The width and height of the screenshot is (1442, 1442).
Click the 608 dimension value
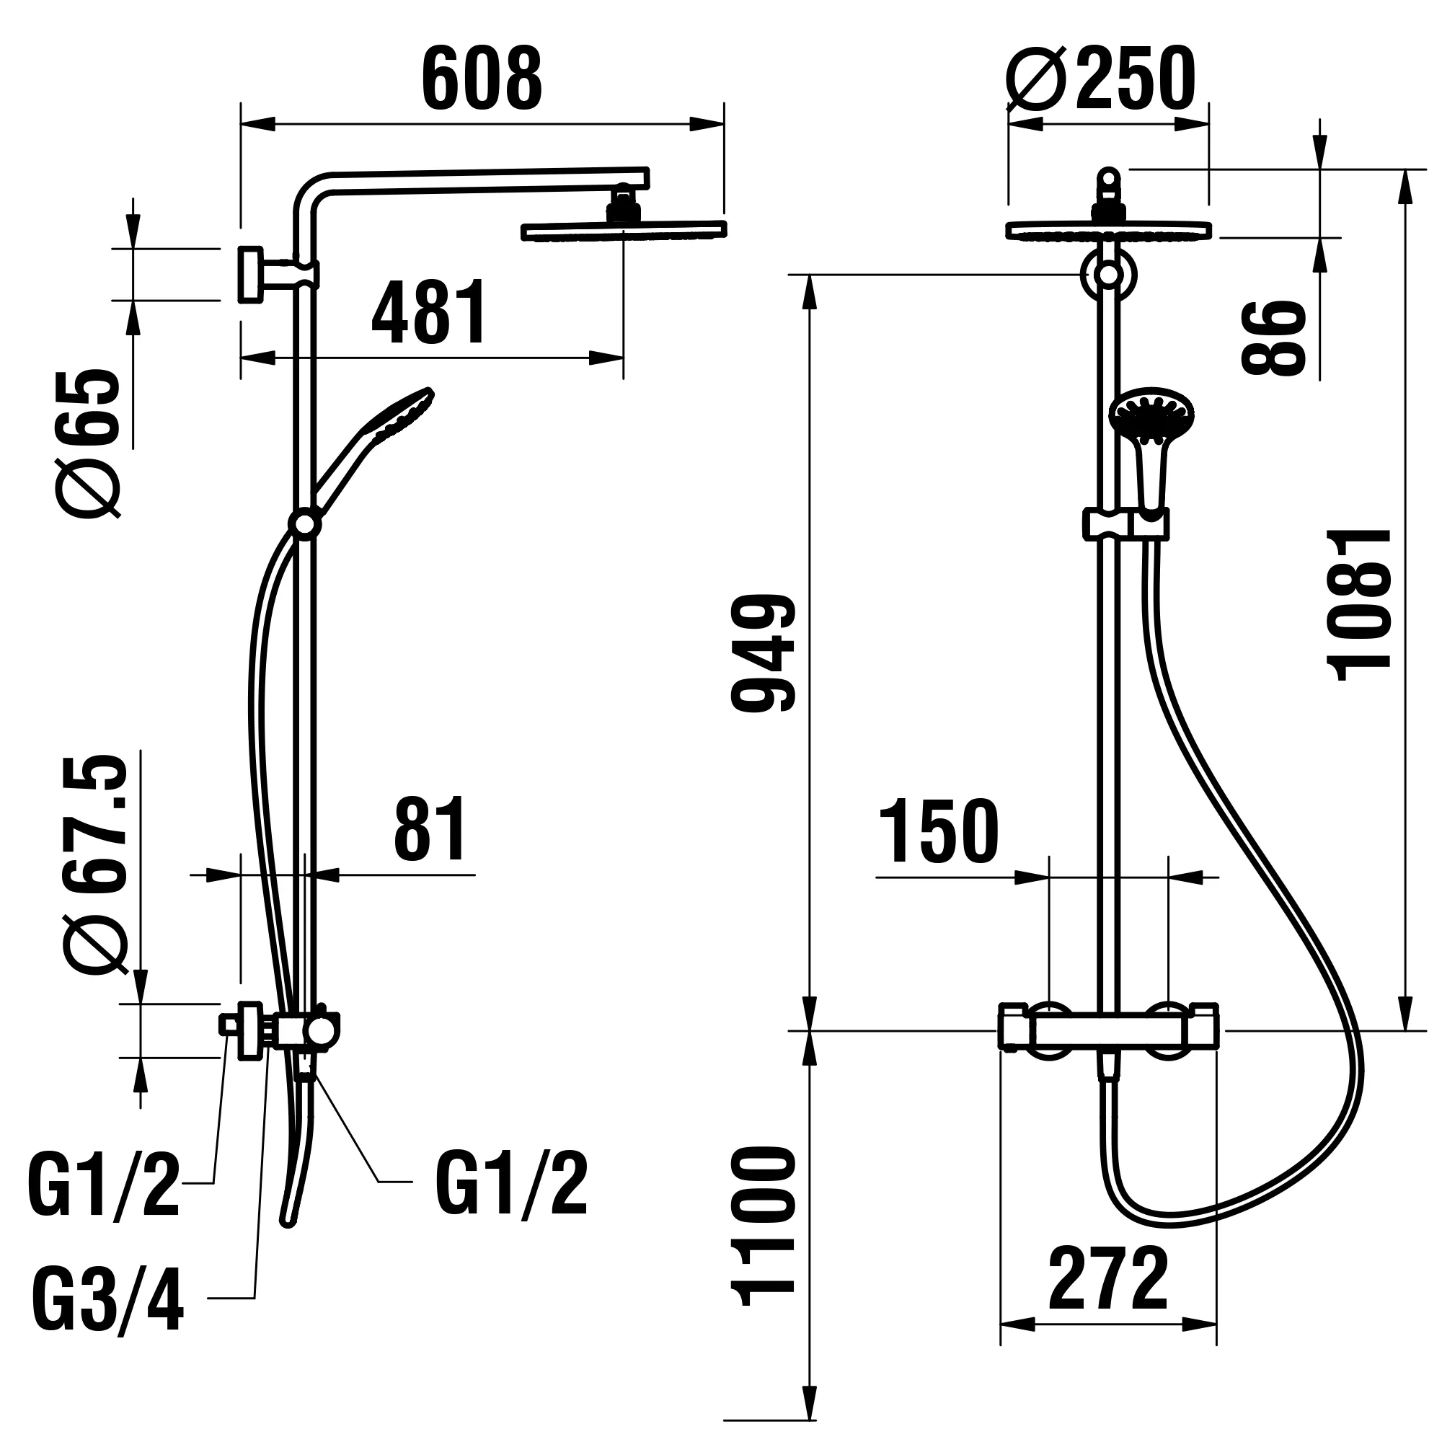pos(482,80)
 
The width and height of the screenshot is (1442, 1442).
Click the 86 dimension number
pos(1273,337)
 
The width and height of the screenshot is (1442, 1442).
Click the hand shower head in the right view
pos(1152,415)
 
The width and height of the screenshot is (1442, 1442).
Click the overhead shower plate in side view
pos(623,231)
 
